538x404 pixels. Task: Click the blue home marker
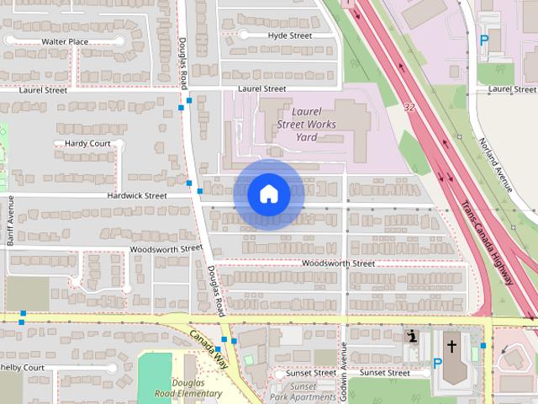click(269, 194)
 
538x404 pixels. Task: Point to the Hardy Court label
click(87, 144)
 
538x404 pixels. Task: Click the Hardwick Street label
click(137, 195)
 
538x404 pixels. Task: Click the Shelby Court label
click(23, 368)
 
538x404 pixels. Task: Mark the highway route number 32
click(409, 107)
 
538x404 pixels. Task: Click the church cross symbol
click(452, 346)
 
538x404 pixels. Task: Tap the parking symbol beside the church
click(437, 364)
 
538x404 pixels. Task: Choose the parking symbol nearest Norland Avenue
click(483, 39)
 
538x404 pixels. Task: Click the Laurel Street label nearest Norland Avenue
click(512, 88)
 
